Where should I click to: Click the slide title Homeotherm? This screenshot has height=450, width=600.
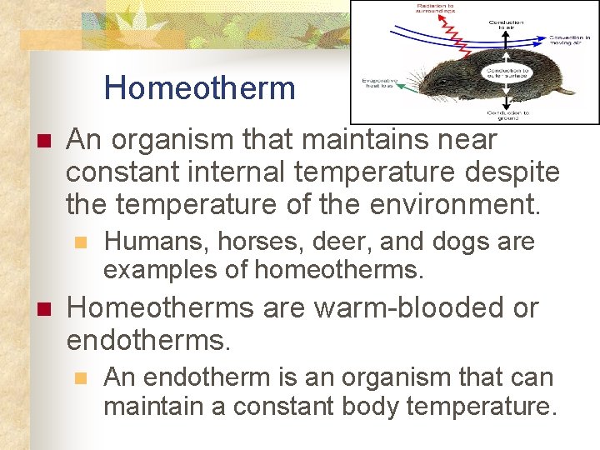(200, 87)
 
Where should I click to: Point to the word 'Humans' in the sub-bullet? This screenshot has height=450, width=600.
(156, 242)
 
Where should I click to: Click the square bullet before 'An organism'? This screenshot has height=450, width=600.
(44, 140)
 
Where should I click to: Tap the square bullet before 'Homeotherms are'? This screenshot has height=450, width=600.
(44, 308)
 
